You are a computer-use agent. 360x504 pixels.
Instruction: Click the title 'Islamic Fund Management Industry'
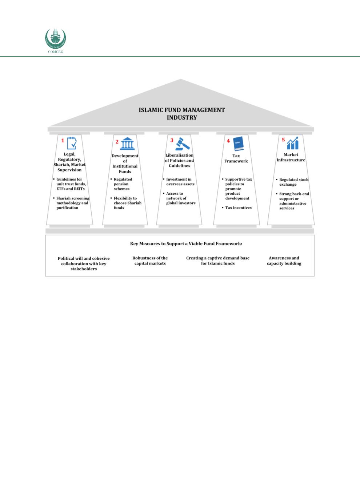[182, 113]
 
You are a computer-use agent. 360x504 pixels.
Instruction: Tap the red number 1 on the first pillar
[63, 140]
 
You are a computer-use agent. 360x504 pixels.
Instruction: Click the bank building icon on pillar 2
[127, 144]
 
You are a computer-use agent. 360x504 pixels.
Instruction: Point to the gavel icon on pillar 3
[183, 144]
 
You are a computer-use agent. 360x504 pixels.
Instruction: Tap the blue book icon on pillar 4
[238, 144]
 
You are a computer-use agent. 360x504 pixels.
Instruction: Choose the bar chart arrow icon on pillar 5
[293, 143]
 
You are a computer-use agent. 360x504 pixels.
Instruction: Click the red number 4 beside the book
[228, 141]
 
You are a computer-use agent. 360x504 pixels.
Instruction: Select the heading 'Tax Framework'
[236, 158]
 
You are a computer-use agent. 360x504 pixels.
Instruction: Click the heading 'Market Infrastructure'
[291, 157]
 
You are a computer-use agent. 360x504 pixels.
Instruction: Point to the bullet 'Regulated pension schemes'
[123, 184]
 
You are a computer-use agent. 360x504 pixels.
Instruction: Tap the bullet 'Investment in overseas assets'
[180, 182]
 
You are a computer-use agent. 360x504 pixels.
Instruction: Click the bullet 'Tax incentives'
[238, 208]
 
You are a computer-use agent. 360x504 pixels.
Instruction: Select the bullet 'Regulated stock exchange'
[293, 182]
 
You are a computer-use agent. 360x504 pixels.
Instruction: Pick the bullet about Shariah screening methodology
[72, 203]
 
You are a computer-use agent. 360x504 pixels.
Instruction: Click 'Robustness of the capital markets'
[150, 261]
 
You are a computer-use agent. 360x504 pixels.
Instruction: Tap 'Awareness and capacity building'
[284, 261]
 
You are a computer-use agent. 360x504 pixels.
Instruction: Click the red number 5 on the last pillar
[283, 140]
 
